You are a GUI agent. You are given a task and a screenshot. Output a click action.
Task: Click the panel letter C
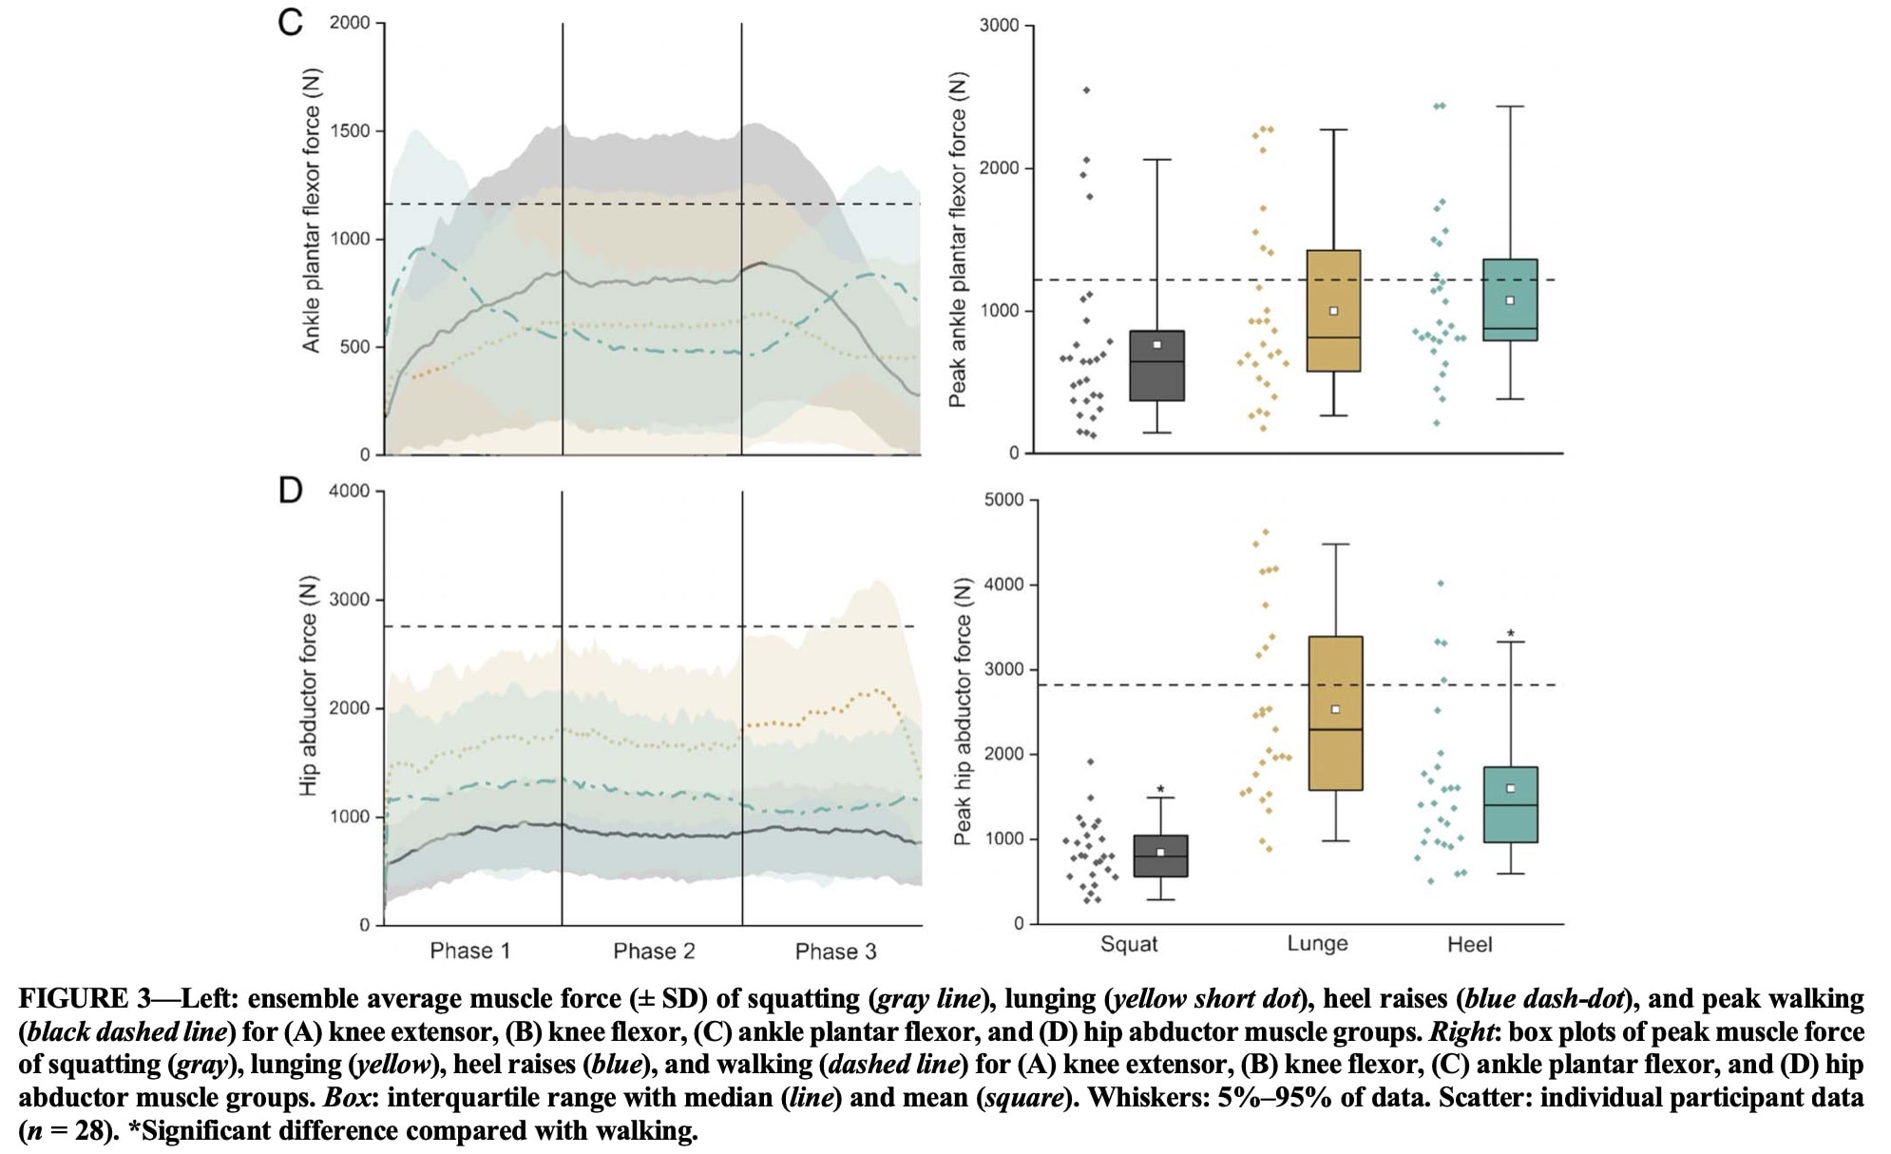pyautogui.click(x=290, y=21)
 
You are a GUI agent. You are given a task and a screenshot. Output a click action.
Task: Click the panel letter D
pyautogui.click(x=290, y=490)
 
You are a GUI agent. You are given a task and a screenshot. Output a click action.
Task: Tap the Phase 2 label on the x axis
pyautogui.click(x=654, y=951)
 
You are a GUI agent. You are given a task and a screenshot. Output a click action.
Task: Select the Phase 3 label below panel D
pyautogui.click(x=835, y=952)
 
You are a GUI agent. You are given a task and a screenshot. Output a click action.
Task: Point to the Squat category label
pyautogui.click(x=1129, y=944)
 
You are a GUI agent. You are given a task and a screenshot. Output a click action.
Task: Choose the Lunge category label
pyautogui.click(x=1317, y=943)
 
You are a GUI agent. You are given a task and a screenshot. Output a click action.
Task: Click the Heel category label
pyautogui.click(x=1469, y=944)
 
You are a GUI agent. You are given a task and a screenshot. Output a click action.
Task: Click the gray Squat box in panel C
pyautogui.click(x=1156, y=366)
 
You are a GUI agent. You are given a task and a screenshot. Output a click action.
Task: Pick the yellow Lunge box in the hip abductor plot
pyautogui.click(x=1335, y=713)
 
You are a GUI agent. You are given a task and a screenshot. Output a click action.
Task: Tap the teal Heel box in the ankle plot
pyautogui.click(x=1510, y=299)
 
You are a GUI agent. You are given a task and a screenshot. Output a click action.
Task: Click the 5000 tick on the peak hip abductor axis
pyautogui.click(x=1003, y=500)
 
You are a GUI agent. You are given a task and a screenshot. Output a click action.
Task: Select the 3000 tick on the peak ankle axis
pyautogui.click(x=999, y=26)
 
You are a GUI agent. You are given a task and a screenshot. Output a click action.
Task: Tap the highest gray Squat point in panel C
pyautogui.click(x=1086, y=90)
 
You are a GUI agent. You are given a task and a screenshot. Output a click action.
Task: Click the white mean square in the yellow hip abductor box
pyautogui.click(x=1335, y=709)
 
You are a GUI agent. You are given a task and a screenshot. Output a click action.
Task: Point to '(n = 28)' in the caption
pyautogui.click(x=66, y=1131)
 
